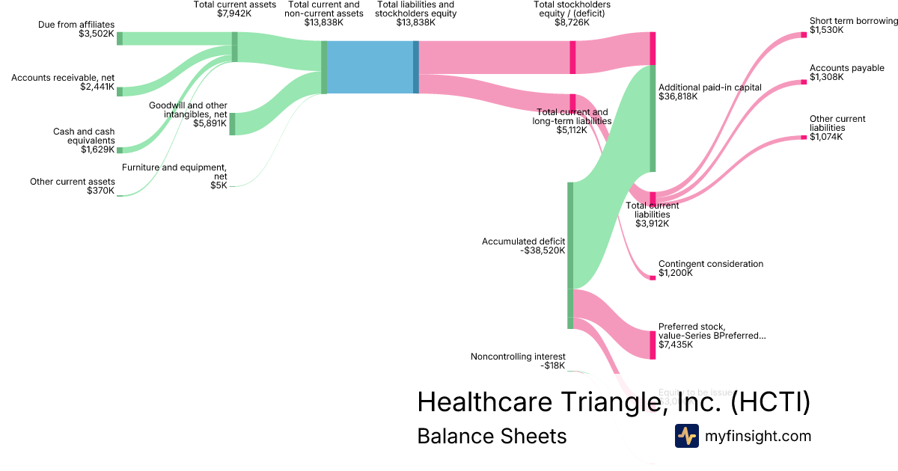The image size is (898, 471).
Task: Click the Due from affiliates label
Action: (x=77, y=25)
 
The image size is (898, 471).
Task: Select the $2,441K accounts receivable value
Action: (x=97, y=87)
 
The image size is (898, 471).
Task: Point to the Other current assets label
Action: (x=73, y=182)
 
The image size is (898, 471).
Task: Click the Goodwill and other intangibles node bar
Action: (x=232, y=123)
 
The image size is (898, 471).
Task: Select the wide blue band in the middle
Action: (x=370, y=67)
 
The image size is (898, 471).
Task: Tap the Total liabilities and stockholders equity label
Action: (x=415, y=9)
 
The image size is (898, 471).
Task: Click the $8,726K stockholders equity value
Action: (x=572, y=22)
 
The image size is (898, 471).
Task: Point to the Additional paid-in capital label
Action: (x=709, y=87)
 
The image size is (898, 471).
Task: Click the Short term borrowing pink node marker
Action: (x=804, y=34)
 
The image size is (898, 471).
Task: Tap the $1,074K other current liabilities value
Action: (x=826, y=137)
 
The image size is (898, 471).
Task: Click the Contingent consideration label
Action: (x=710, y=264)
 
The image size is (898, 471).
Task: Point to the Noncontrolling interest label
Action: (x=518, y=357)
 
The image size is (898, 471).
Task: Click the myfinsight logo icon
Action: (x=686, y=436)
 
